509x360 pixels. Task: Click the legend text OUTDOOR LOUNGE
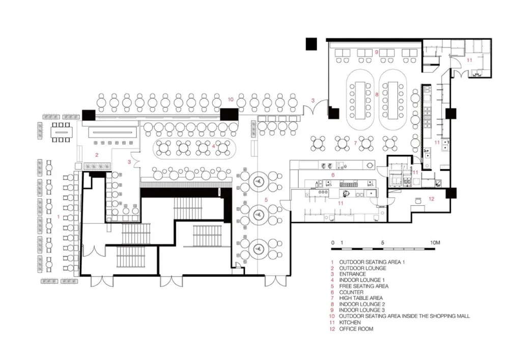[362, 268]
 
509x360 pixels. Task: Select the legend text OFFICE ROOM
[356, 329]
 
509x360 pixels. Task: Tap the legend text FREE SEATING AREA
[363, 286]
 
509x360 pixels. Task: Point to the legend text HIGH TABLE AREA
[361, 298]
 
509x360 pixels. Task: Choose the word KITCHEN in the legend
[350, 323]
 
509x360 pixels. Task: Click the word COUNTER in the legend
[351, 292]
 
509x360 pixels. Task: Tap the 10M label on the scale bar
[435, 243]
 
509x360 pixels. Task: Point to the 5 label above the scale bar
[383, 243]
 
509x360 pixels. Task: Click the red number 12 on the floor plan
[431, 199]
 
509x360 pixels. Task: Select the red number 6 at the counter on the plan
[333, 175]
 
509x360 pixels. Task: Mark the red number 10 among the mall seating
[231, 99]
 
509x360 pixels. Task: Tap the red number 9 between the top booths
[377, 52]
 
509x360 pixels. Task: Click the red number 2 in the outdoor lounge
[97, 155]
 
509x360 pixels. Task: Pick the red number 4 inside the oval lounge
[213, 147]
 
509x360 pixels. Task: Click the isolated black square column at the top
[312, 44]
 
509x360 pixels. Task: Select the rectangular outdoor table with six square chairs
[61, 132]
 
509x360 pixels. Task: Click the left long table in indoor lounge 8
[360, 100]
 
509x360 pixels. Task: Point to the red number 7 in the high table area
[355, 143]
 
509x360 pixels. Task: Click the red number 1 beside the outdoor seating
[59, 216]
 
